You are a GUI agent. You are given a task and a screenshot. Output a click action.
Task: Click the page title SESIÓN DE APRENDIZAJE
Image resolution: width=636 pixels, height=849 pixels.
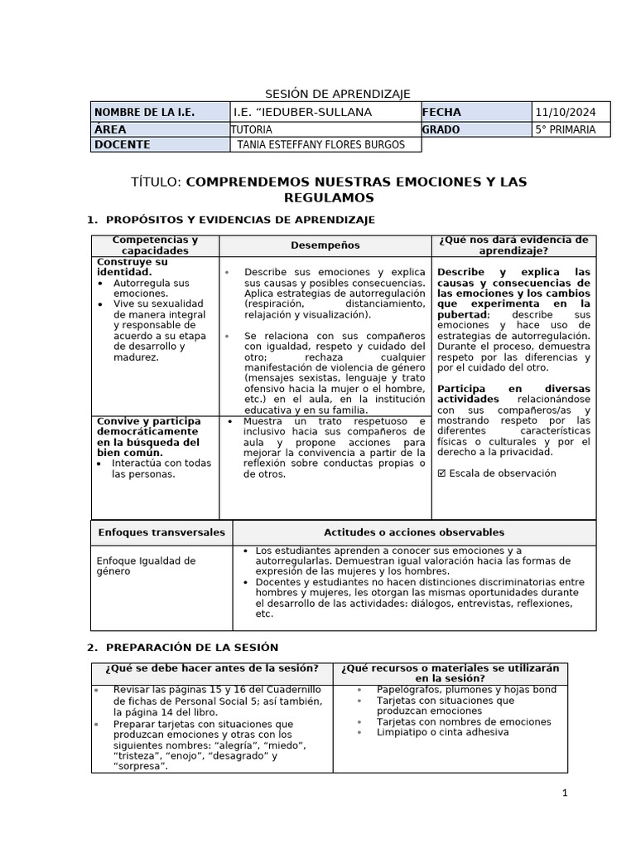pos(337,94)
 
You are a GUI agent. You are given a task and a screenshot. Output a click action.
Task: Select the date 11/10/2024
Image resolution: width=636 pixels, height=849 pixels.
pos(566,113)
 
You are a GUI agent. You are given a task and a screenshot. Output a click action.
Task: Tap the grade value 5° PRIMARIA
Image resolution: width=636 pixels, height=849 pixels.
pos(566,129)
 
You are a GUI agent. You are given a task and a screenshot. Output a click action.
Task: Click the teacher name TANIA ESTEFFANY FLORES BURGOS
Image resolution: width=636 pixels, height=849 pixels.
pos(321,145)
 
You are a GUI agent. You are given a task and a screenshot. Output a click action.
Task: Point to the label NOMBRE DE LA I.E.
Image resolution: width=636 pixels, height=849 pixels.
pos(145,113)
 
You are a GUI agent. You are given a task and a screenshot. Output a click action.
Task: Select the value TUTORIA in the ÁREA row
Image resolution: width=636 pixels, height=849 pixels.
pos(252,129)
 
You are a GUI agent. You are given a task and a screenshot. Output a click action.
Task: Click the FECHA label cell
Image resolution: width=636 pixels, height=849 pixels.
pos(442,113)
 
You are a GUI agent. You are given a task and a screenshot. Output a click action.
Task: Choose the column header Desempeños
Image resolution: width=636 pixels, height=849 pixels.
pos(325,245)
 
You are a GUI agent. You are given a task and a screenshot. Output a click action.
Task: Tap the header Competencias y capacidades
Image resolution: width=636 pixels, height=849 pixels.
pos(155,245)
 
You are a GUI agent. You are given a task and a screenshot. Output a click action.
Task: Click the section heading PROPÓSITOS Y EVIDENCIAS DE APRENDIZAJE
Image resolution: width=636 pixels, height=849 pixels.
pos(240,220)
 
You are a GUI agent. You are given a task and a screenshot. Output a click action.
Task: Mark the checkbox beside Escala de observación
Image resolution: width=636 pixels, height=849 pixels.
pos(441,473)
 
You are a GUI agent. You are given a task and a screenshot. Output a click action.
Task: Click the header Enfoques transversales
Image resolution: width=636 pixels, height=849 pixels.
pos(161,532)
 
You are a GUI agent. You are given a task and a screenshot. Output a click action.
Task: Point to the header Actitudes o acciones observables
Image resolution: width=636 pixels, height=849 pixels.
pos(413,532)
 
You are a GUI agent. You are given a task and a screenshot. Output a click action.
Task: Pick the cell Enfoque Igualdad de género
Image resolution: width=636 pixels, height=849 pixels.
pos(146,565)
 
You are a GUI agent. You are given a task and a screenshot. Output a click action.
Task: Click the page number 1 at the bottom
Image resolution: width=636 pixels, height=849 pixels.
pos(565,793)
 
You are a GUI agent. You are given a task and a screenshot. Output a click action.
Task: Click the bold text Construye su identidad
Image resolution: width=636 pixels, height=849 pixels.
pos(132,267)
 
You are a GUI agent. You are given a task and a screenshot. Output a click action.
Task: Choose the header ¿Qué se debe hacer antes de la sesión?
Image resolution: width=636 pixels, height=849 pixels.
pos(211,668)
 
